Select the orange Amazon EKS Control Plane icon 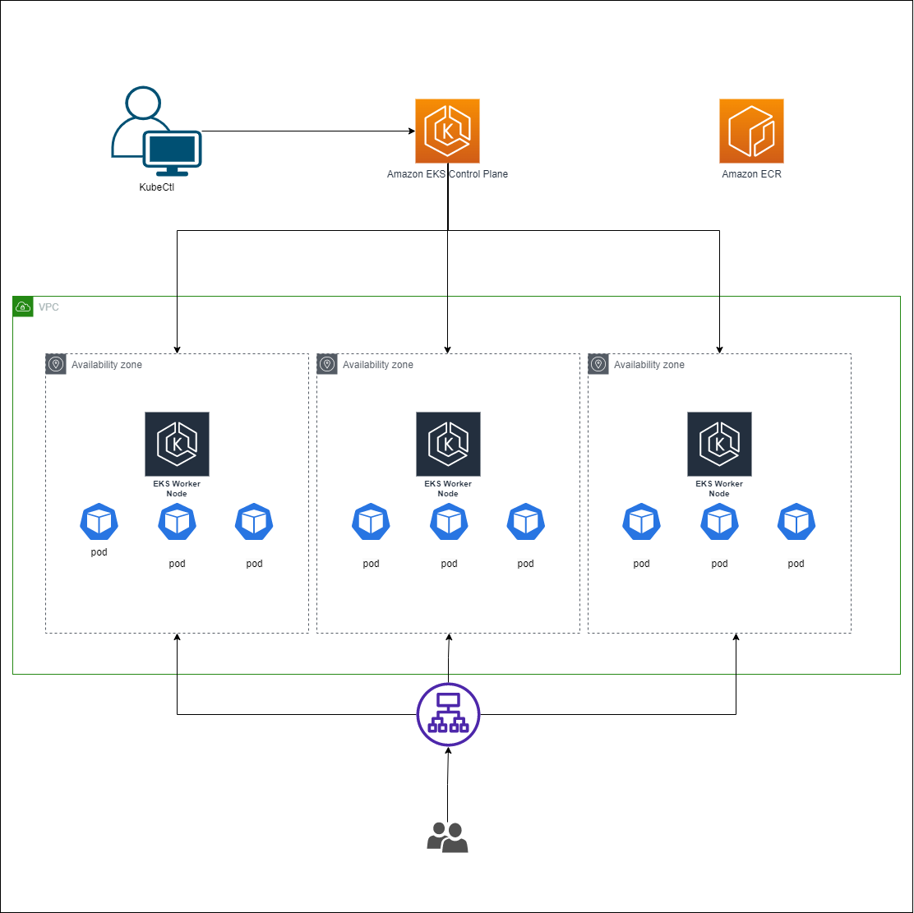(447, 131)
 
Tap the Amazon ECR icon (751, 131)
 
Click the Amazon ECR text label (751, 174)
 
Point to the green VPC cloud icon (23, 307)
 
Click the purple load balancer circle (448, 713)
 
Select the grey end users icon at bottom (447, 837)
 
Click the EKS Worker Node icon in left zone (177, 444)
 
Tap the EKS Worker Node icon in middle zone (448, 444)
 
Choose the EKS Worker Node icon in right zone (719, 444)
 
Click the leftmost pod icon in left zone (99, 522)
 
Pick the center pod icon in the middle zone (448, 522)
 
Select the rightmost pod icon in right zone (796, 522)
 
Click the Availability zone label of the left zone (106, 365)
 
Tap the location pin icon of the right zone (598, 365)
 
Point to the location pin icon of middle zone (327, 365)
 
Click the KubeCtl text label (156, 187)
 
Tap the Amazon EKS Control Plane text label (447, 174)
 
